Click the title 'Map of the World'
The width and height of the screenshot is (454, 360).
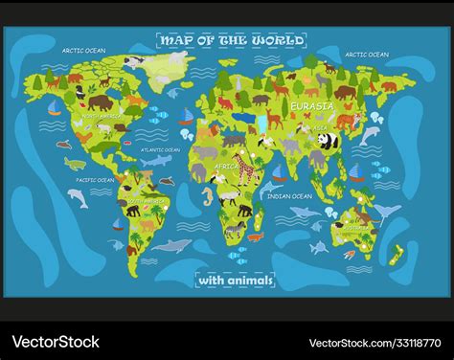pos(231,40)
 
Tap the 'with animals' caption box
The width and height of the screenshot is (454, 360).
pos(235,280)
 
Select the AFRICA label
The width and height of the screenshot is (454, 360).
pos(226,166)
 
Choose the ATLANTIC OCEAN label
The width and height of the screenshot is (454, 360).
pos(160,149)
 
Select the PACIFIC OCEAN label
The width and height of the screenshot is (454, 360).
pos(95,179)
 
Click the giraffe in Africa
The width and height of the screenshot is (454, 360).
pos(246,169)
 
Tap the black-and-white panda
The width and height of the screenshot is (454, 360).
pos(328,143)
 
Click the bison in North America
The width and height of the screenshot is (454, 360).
pos(100,101)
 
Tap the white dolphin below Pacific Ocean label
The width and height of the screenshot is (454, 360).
pos(77,197)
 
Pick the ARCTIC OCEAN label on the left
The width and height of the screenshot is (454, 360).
pos(82,50)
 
